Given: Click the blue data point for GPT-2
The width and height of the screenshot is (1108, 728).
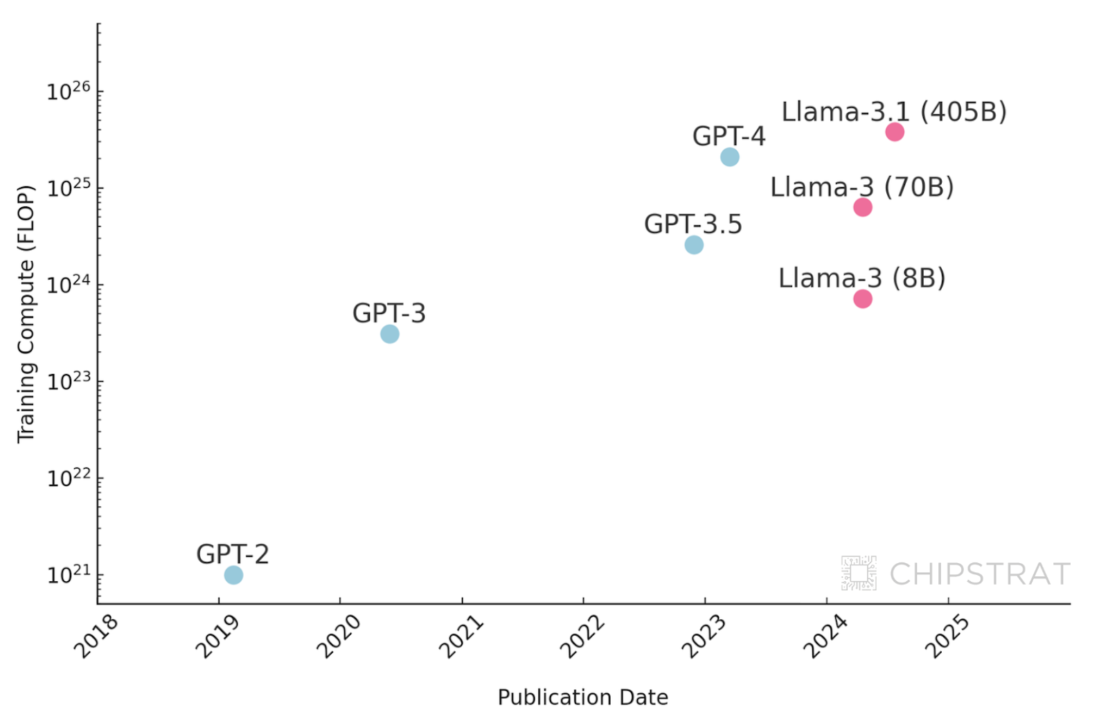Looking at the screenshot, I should click(x=233, y=575).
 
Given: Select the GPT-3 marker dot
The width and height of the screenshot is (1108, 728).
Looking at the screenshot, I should click(x=390, y=334).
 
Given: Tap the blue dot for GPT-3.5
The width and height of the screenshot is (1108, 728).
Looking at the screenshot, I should click(x=694, y=245).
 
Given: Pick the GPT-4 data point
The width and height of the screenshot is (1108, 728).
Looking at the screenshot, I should click(x=730, y=157).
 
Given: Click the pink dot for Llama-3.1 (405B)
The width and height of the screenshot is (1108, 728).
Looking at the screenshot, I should click(x=895, y=132).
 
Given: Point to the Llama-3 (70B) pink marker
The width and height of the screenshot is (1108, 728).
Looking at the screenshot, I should click(x=863, y=207).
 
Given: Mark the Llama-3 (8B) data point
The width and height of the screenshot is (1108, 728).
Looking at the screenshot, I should click(x=863, y=299).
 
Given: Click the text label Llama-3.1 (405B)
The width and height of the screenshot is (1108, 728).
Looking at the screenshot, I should click(x=894, y=112).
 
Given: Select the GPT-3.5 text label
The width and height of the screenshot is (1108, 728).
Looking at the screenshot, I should click(x=692, y=224).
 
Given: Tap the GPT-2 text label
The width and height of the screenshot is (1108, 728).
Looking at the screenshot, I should click(x=233, y=554).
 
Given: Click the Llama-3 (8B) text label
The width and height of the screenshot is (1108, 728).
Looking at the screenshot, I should click(x=861, y=278).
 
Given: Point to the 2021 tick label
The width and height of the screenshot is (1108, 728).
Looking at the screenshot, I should click(x=461, y=637).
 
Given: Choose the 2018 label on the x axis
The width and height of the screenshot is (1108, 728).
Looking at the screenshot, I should click(x=97, y=637).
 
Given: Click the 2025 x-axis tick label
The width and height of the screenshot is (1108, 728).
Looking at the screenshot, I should click(x=947, y=637).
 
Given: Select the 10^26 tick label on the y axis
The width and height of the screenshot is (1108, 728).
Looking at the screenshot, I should click(x=68, y=91).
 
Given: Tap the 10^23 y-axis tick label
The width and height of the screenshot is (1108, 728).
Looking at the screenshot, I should click(x=68, y=381).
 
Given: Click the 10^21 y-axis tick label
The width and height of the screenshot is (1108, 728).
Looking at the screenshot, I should click(x=68, y=574).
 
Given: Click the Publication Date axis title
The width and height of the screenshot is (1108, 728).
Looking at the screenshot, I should click(x=583, y=697).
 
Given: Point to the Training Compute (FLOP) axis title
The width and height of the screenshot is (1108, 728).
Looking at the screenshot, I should click(x=26, y=314).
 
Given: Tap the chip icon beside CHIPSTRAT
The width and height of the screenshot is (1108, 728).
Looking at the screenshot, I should click(x=859, y=573).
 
